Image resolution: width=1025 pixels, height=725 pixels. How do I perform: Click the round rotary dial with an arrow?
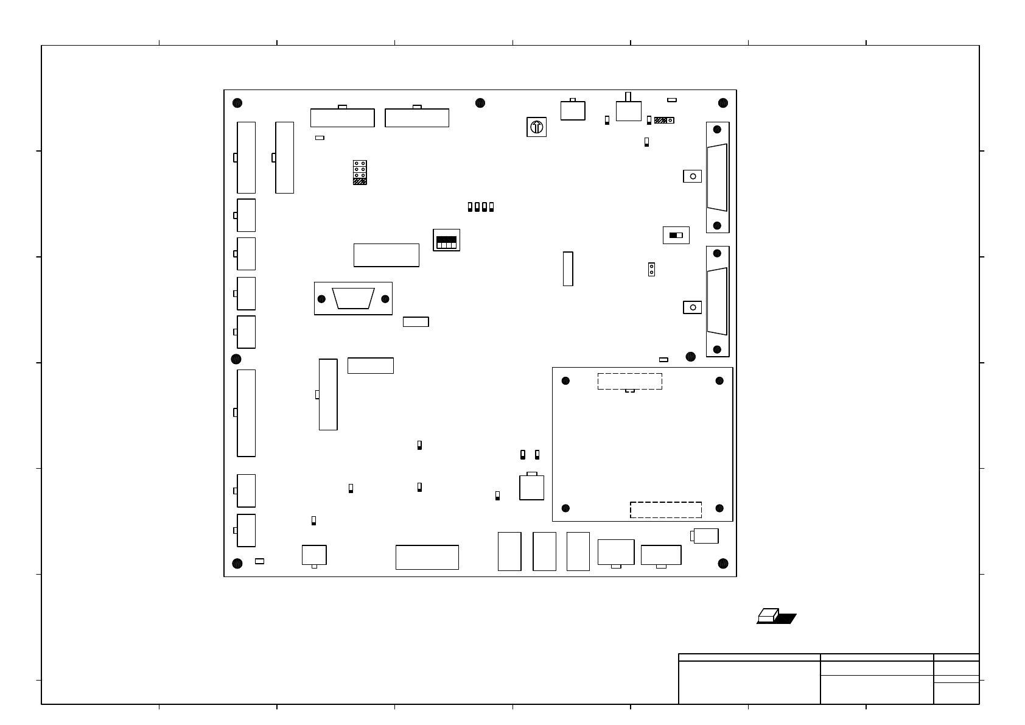pyautogui.click(x=536, y=127)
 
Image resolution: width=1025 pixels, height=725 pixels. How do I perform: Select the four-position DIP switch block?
pyautogui.click(x=446, y=240)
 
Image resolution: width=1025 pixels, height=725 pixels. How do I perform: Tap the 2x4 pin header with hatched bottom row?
pyautogui.click(x=360, y=172)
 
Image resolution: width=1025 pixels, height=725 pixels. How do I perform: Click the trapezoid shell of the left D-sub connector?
pyautogui.click(x=353, y=298)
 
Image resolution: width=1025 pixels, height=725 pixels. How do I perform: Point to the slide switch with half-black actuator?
pyautogui.click(x=676, y=235)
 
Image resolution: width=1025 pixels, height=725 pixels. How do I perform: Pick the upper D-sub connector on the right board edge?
pyautogui.click(x=718, y=177)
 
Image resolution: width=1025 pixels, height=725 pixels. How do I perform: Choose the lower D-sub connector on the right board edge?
pyautogui.click(x=718, y=301)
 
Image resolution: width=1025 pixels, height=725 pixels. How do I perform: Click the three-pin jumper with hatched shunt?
pyautogui.click(x=663, y=121)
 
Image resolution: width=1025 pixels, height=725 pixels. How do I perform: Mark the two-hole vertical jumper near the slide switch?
pyautogui.click(x=651, y=269)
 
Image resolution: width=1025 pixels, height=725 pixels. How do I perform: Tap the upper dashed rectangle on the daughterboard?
pyautogui.click(x=629, y=381)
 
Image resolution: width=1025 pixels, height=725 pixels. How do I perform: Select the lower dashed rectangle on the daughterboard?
pyautogui.click(x=665, y=510)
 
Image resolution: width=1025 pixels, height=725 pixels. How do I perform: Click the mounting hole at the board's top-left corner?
pyautogui.click(x=237, y=103)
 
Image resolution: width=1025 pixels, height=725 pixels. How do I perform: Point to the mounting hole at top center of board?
pyautogui.click(x=480, y=102)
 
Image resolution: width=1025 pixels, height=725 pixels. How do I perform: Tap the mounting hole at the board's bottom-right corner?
pyautogui.click(x=722, y=563)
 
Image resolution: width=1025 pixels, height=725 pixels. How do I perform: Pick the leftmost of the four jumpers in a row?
pyautogui.click(x=470, y=207)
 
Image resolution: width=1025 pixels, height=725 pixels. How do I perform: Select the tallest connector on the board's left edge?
pyautogui.click(x=246, y=413)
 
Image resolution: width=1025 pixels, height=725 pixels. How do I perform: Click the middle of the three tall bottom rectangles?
pyautogui.click(x=544, y=552)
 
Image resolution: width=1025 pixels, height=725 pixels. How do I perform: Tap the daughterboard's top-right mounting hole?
pyautogui.click(x=719, y=381)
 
